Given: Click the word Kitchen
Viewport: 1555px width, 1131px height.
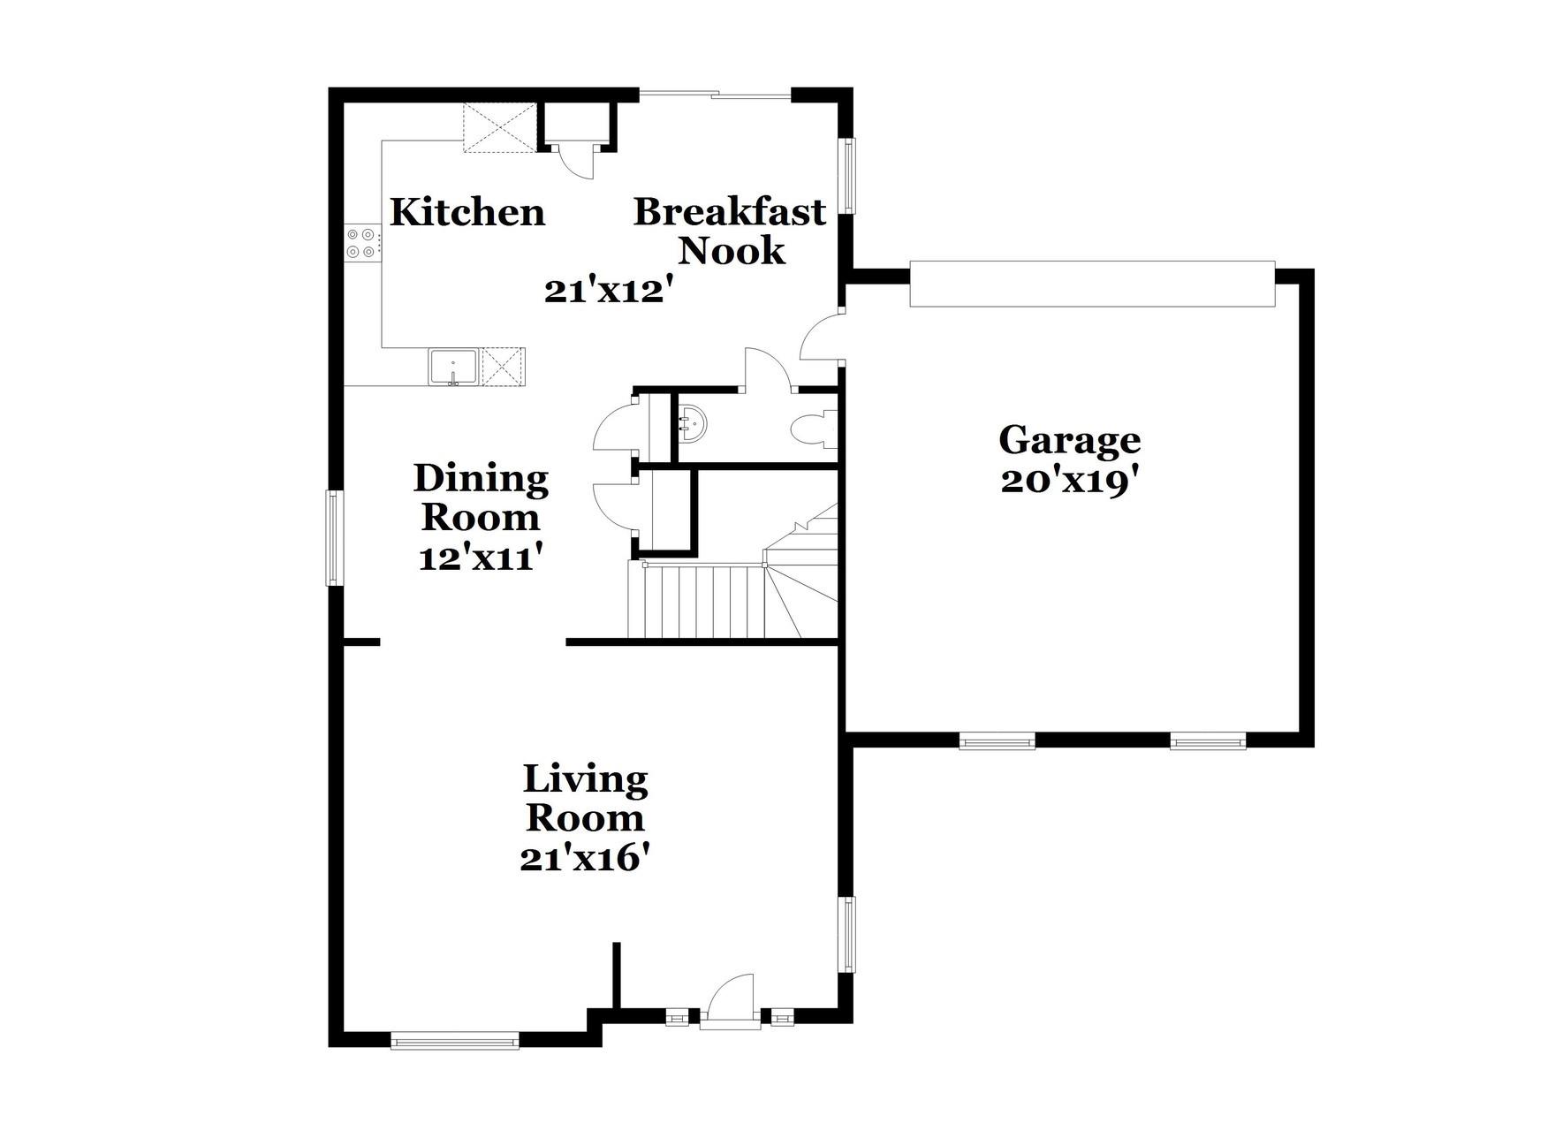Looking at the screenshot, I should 467,213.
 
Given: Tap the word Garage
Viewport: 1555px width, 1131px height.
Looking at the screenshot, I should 1069,440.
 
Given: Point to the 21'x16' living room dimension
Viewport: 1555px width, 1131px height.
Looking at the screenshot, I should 585,858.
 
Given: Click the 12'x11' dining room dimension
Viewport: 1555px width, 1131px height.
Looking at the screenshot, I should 480,558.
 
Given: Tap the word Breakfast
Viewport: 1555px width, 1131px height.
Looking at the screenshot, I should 730,212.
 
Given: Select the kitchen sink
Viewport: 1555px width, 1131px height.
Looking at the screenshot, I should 453,367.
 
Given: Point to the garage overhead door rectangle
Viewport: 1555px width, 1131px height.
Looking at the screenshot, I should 1092,284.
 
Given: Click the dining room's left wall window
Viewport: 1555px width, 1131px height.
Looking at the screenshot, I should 333,538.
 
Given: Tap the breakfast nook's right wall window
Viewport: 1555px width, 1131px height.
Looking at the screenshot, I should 847,175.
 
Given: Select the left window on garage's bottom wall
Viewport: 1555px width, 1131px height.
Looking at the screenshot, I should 997,742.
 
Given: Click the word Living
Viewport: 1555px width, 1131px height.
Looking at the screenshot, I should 585,780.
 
